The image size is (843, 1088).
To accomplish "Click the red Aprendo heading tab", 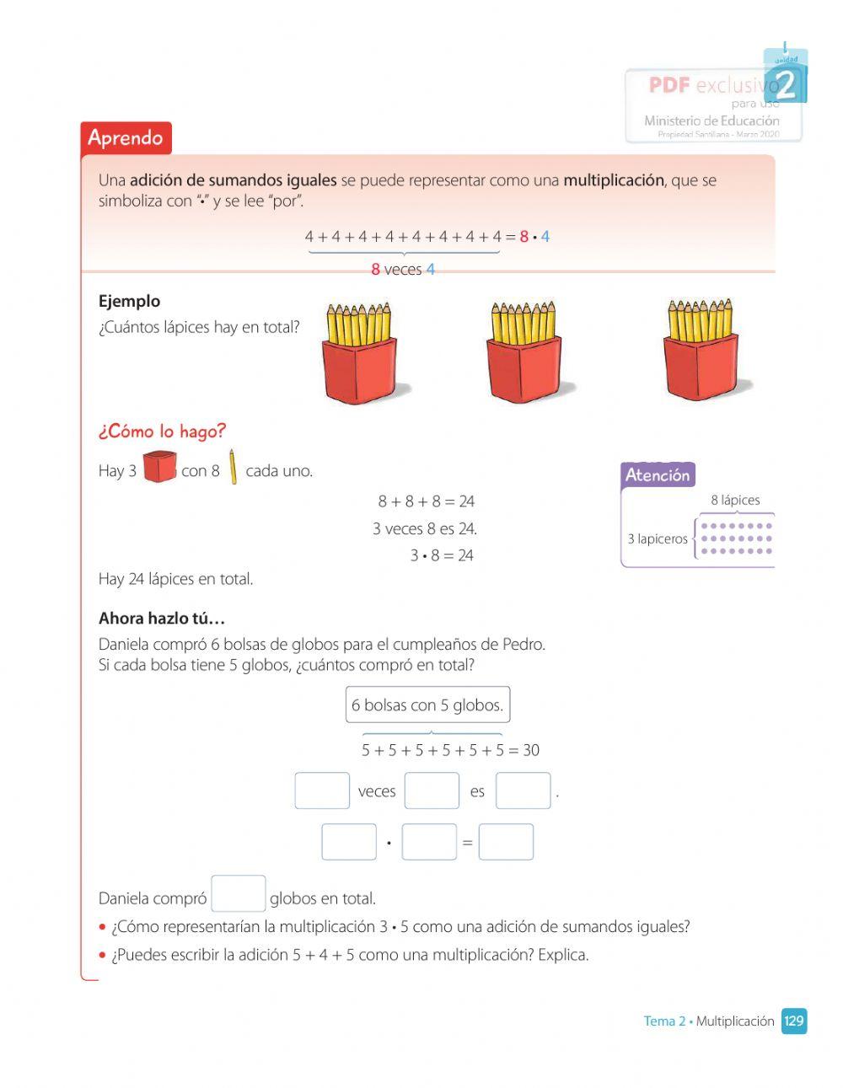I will (x=126, y=138).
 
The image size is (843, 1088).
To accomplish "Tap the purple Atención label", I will (x=658, y=475).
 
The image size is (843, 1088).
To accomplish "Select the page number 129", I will (x=793, y=1021).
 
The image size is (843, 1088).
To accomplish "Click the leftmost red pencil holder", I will (x=360, y=354).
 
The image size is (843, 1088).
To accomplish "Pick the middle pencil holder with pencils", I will (x=524, y=354).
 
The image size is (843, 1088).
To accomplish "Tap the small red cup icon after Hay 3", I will (x=159, y=467).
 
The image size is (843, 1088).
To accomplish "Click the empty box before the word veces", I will (x=322, y=791).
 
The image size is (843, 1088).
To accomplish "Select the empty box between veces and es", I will (x=432, y=791).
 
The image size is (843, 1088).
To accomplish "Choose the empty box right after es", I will (x=523, y=791).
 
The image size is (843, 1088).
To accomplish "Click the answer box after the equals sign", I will (x=506, y=842).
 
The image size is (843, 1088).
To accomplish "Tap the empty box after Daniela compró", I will (x=239, y=894).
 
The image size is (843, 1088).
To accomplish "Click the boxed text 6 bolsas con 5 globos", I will (x=427, y=705).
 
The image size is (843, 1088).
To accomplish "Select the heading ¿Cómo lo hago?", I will (x=162, y=431).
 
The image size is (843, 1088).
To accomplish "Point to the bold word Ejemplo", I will (x=129, y=301).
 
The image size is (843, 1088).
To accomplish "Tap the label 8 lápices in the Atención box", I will (x=735, y=501).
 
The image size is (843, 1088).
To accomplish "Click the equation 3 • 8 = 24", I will (x=442, y=555).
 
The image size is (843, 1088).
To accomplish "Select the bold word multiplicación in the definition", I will (x=613, y=180).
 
